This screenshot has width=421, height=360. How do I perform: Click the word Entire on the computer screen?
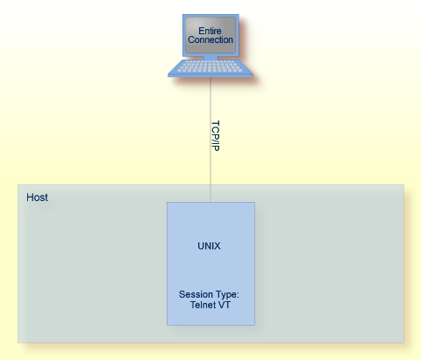210,32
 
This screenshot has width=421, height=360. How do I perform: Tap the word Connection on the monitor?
210,40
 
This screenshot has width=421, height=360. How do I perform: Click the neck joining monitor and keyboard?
210,57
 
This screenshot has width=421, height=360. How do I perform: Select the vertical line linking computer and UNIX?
210,171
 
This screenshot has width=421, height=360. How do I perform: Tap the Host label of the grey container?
37,198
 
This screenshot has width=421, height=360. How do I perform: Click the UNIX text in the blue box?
209,247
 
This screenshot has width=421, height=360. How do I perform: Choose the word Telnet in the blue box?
203,305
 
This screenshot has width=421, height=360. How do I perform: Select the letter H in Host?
30,198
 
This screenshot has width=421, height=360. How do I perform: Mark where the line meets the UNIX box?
210,202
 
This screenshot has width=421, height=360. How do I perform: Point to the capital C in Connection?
191,40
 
